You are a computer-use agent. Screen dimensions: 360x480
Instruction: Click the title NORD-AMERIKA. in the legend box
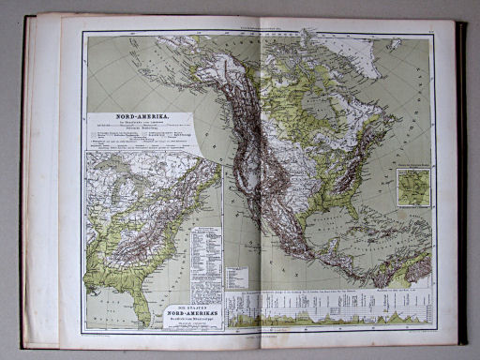coord(141,119)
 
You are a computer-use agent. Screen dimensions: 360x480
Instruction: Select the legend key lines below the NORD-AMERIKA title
coord(141,136)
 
